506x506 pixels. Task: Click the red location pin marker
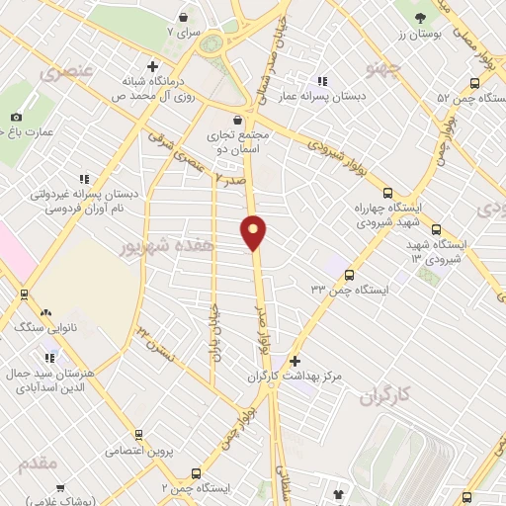(x=254, y=232)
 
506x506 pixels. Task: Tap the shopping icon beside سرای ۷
(x=184, y=16)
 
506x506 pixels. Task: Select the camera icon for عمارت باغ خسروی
(x=16, y=118)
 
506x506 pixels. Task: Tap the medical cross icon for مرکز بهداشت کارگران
(x=295, y=362)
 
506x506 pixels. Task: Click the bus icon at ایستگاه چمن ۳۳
(x=347, y=274)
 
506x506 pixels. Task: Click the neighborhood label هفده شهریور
(x=169, y=241)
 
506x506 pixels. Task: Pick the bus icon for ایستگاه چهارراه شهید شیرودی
(x=386, y=194)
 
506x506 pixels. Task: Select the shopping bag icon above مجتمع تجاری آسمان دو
(x=230, y=120)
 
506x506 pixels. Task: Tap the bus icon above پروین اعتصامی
(x=139, y=434)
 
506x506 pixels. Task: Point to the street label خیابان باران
(x=212, y=329)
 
